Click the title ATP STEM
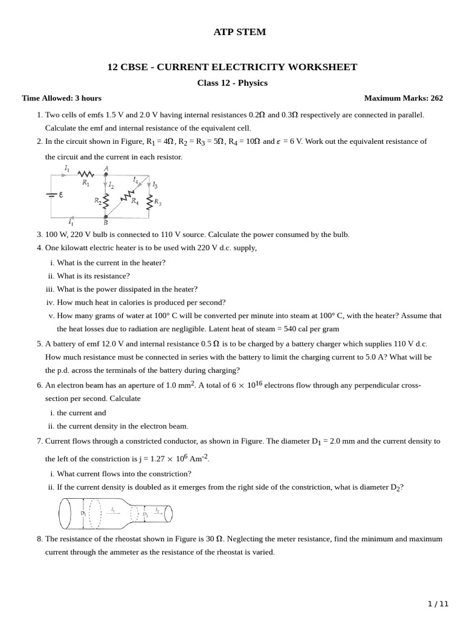[x=240, y=32]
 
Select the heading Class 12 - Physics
[x=232, y=83]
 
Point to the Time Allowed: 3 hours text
[x=62, y=98]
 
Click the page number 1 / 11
[x=439, y=604]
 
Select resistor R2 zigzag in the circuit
[x=106, y=200]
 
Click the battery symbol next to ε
[x=51, y=195]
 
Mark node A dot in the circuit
[x=106, y=174]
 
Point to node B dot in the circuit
[x=106, y=216]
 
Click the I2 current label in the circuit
[x=111, y=185]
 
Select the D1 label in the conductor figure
[x=83, y=513]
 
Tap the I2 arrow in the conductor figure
[x=156, y=513]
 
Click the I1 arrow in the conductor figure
[x=114, y=513]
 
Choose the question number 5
[x=39, y=343]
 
